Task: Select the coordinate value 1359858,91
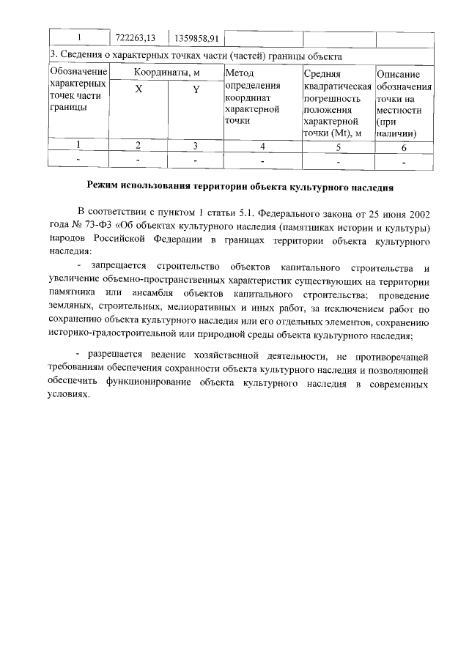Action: tap(195, 38)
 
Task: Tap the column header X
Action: tap(138, 89)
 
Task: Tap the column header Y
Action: tap(196, 89)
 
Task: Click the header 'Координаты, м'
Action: tap(166, 73)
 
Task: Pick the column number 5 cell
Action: tap(337, 146)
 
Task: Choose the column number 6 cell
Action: tap(403, 146)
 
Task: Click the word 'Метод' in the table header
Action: tap(240, 73)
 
